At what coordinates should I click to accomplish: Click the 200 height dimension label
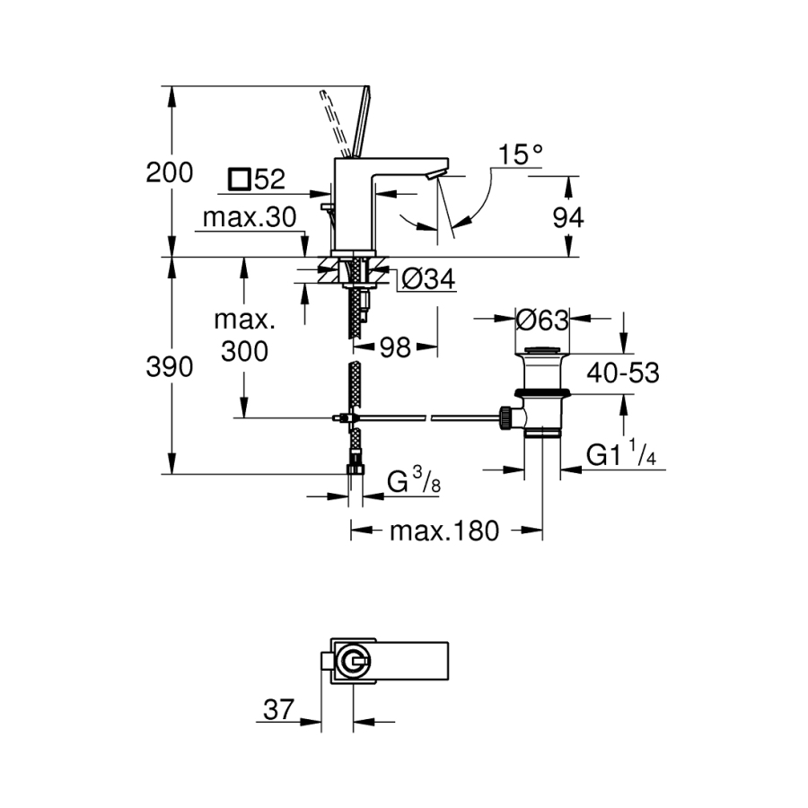point(170,172)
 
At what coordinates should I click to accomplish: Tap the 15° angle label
point(522,154)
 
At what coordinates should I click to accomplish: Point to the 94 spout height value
point(567,217)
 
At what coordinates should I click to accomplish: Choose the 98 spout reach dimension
point(394,347)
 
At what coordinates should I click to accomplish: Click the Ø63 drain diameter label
point(544,319)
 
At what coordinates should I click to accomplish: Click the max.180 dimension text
point(443,531)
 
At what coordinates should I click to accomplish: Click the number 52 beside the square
point(268,180)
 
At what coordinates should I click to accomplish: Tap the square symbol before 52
point(239,179)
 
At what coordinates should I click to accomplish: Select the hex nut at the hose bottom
point(355,468)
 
